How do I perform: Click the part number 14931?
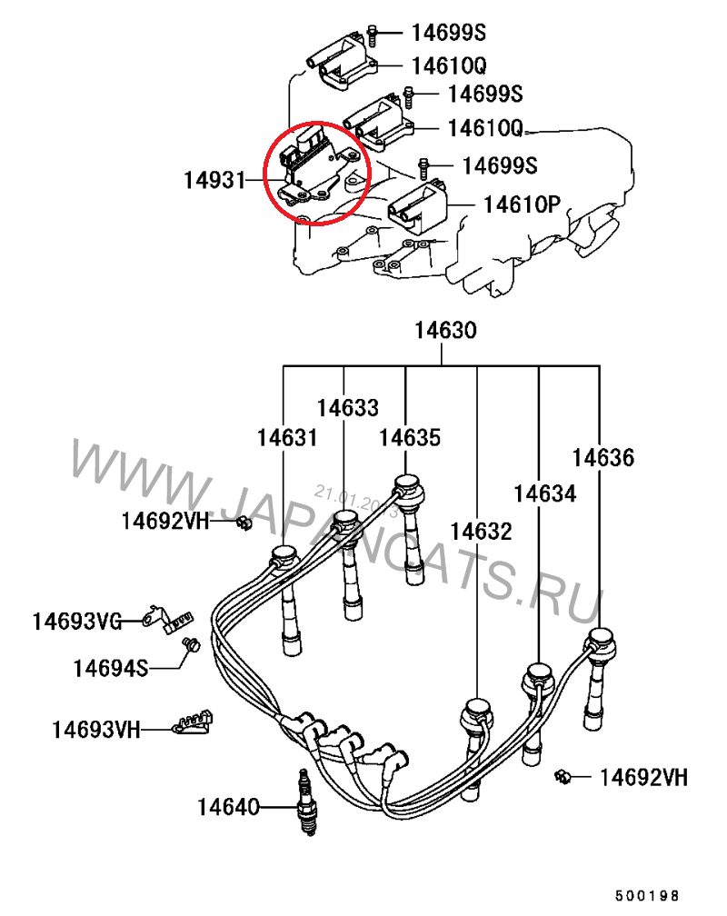point(214,181)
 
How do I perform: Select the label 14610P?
point(522,204)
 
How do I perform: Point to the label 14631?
point(287,438)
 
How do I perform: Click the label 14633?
point(348,408)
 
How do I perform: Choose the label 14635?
point(410,438)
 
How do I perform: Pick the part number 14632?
point(481,531)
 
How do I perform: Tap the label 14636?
point(603,457)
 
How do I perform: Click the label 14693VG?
point(77,622)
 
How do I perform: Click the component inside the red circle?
point(314,168)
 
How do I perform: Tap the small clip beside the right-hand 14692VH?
point(563,775)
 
